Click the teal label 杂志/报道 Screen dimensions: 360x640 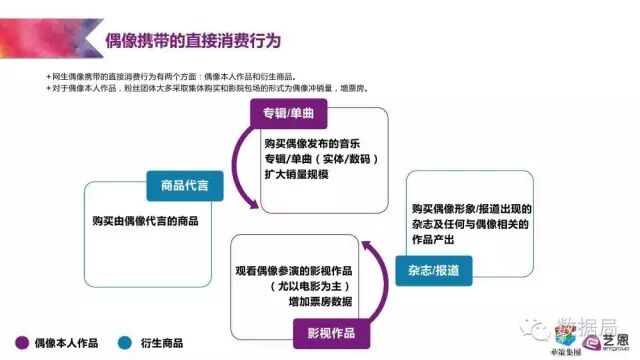point(434,270)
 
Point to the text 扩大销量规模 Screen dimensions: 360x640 point(290,175)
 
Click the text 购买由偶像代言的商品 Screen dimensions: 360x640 point(145,220)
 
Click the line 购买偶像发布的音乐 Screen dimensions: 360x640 point(305,143)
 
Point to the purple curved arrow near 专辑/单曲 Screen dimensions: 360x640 point(236,165)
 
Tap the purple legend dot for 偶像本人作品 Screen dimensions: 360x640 point(20,341)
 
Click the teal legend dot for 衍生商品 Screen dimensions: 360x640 point(125,341)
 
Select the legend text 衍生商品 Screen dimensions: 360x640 point(162,341)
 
